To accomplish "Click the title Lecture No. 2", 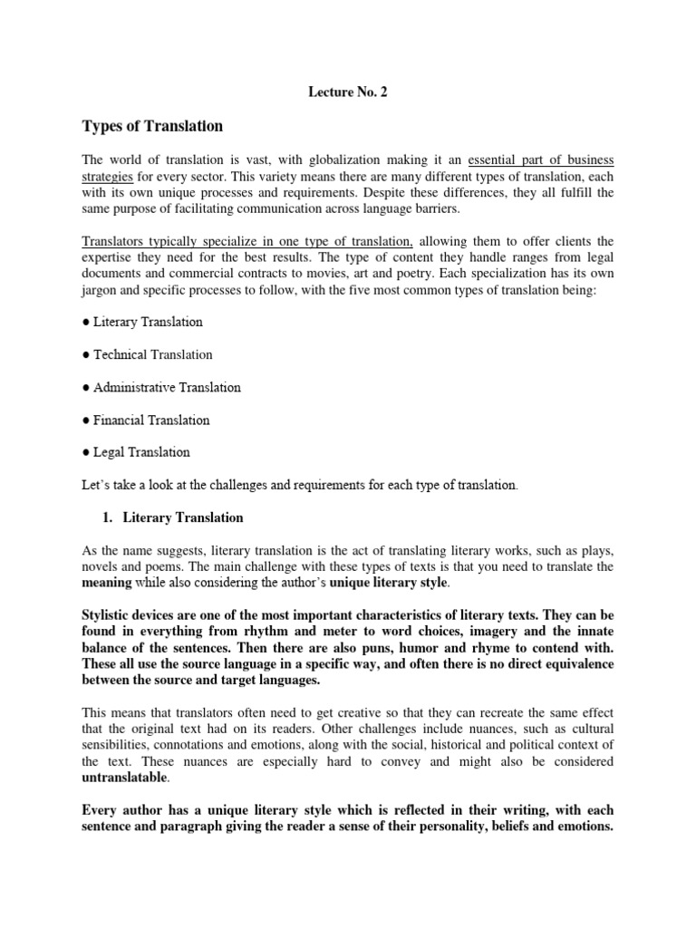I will pos(348,92).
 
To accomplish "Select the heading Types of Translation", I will pos(152,126).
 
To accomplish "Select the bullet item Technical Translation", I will pos(147,354).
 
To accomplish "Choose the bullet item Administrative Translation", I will pos(161,387).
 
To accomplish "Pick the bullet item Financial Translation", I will pos(146,420).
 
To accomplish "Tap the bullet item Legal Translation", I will pos(136,451).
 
